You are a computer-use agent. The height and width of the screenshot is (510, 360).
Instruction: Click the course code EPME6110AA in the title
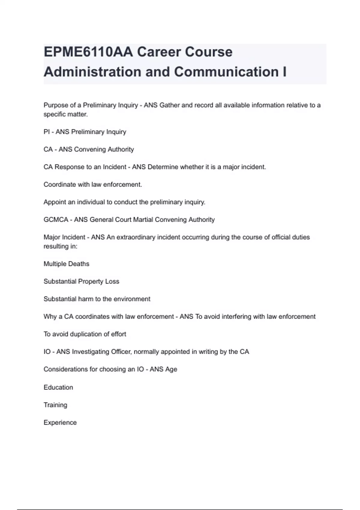coord(88,52)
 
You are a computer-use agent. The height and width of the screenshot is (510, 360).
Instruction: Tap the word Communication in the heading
coord(226,72)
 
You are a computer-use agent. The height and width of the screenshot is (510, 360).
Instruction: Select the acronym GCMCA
coord(56,220)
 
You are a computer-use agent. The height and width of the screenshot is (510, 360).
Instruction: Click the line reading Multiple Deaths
coord(66,264)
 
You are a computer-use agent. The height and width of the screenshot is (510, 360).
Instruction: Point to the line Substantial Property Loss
coord(81,281)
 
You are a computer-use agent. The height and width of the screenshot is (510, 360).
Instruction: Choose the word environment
coord(132,299)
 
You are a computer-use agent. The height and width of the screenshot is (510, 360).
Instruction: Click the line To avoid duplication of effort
coord(85,334)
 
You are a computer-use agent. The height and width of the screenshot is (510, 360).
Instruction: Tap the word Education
coord(58,387)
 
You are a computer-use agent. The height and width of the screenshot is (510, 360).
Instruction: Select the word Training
coord(55,405)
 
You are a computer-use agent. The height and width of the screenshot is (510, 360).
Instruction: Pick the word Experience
coord(60,422)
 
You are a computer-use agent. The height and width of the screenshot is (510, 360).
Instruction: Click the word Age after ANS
coord(171,369)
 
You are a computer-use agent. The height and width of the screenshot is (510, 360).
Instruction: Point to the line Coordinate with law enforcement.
coord(93,184)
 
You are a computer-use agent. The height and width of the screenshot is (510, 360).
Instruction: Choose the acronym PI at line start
coord(46,132)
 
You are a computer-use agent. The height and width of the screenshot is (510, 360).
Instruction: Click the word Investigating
coord(91,352)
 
